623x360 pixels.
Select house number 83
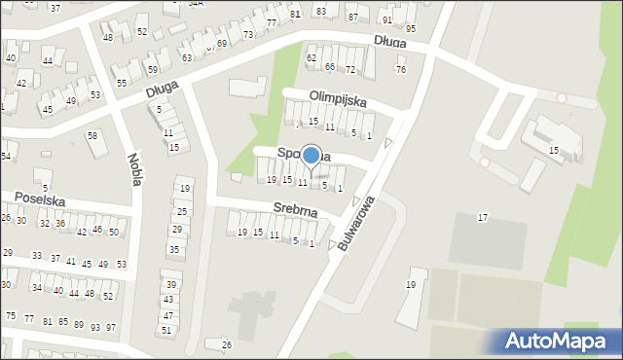[x=321, y=11]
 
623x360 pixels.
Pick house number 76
[x=401, y=69]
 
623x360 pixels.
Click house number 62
[x=311, y=58]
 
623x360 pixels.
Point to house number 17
[x=483, y=217]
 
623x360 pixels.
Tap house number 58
[x=92, y=135]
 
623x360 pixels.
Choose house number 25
[x=181, y=211]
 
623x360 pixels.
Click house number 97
[x=110, y=327]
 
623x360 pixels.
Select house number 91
[x=386, y=19]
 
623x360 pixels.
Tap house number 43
[x=167, y=300]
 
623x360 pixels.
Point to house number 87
[x=352, y=18]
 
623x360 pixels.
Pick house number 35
[x=173, y=250]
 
